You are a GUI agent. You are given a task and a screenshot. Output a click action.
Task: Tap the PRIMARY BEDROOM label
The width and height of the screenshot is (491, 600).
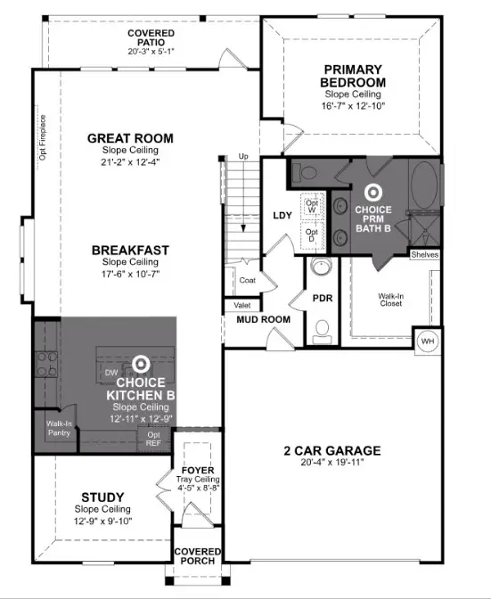(x=355, y=76)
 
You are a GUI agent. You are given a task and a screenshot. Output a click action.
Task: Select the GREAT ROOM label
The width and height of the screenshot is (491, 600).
(x=130, y=138)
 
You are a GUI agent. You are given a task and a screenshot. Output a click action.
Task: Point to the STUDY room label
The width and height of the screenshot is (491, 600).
(x=102, y=497)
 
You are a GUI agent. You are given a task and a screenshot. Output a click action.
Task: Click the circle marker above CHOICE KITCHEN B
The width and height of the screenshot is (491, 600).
(x=140, y=364)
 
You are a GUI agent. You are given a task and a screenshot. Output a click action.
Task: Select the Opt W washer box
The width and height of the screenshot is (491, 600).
(x=312, y=207)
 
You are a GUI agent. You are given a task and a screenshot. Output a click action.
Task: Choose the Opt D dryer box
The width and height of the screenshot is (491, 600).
(x=312, y=236)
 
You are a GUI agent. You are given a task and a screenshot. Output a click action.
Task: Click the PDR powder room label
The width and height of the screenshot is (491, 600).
(x=322, y=298)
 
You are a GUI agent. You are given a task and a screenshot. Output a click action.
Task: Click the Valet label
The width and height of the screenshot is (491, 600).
(x=241, y=304)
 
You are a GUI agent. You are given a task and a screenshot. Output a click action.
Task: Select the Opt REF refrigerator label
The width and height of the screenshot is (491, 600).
(x=152, y=438)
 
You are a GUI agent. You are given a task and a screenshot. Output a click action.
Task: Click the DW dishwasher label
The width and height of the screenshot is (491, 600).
(x=111, y=373)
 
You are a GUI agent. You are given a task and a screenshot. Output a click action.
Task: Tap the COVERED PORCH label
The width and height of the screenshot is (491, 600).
(x=198, y=557)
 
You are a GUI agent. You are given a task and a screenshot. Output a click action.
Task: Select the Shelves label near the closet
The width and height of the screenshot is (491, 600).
(x=424, y=255)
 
